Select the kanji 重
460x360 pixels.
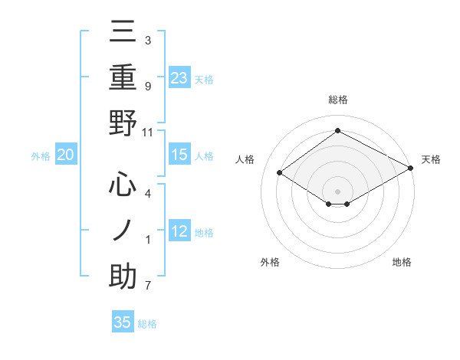click(123, 79)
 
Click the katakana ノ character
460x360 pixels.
click(123, 231)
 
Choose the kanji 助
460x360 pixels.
click(123, 277)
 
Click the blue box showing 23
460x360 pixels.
click(179, 77)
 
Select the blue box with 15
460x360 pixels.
click(179, 155)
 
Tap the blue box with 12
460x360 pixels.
click(179, 231)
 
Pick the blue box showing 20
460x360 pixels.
click(65, 155)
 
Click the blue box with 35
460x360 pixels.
click(123, 322)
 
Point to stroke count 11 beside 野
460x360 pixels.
click(148, 132)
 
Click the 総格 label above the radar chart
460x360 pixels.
click(337, 100)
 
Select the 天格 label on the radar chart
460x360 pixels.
click(431, 159)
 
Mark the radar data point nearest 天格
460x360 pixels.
click(410, 168)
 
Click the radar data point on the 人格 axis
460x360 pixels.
click(280, 173)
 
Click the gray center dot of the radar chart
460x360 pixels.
click(337, 191)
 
